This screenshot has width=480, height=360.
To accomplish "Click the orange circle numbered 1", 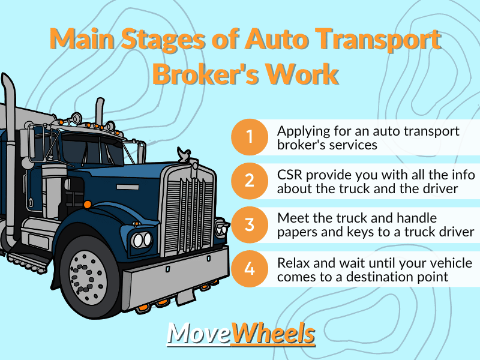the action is [x=250, y=137].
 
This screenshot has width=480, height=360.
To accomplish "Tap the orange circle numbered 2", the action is [x=250, y=181].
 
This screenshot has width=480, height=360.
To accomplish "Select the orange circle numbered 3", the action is [x=250, y=224].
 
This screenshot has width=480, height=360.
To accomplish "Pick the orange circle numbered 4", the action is [x=250, y=269].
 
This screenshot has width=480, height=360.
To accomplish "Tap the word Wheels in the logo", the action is [x=274, y=334].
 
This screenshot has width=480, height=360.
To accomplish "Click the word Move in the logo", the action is [x=199, y=334].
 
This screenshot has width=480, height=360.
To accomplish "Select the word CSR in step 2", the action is [x=290, y=175].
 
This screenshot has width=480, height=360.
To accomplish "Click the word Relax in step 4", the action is [x=294, y=263].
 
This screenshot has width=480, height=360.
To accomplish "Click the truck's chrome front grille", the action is [x=188, y=209].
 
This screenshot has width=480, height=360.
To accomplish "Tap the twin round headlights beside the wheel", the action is [x=142, y=239].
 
